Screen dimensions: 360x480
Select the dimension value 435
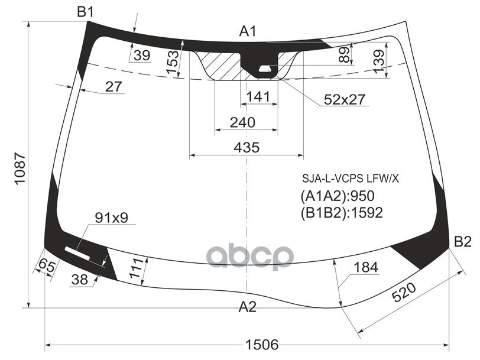[247, 148]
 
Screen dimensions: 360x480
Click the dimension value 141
[258, 96]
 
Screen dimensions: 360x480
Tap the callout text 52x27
[345, 99]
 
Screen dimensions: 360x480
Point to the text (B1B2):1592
[341, 212]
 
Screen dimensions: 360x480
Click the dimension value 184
[365, 267]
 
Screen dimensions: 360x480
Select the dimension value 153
[172, 63]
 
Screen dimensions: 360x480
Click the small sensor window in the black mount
[265, 69]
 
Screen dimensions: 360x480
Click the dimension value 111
[136, 268]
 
